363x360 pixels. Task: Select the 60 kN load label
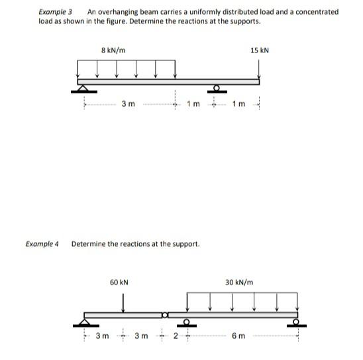[119, 282]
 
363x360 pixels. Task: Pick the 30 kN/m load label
[239, 282]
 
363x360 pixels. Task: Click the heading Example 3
[55, 12]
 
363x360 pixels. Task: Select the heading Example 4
[42, 244]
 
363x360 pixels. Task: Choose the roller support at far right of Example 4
[297, 322]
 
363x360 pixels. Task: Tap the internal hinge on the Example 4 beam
[165, 313]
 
